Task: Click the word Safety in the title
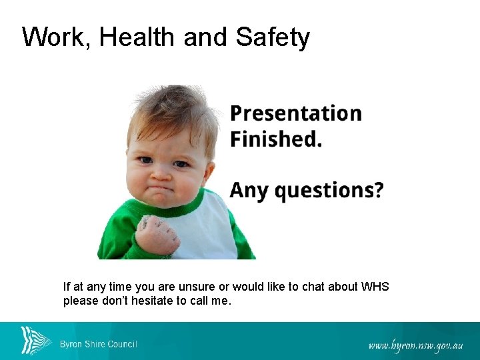(x=273, y=37)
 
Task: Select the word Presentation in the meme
(x=296, y=114)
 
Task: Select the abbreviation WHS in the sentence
(x=375, y=287)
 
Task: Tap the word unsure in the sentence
(x=195, y=287)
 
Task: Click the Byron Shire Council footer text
(x=99, y=344)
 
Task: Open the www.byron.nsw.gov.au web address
(x=416, y=345)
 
